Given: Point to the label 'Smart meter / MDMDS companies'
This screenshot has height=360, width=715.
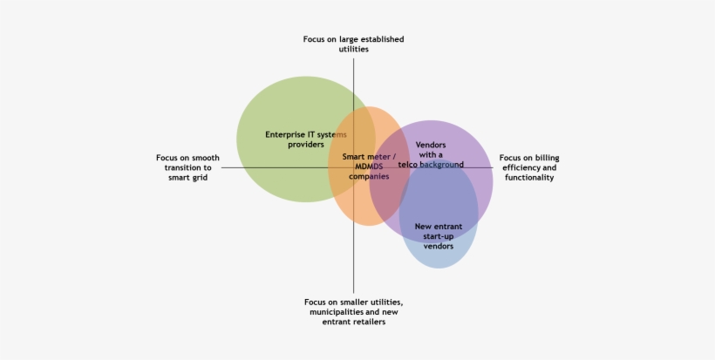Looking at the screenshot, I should pos(369,166).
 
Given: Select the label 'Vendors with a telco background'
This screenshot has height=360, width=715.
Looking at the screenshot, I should pos(430,153).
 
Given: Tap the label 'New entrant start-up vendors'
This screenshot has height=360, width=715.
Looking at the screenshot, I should pos(438,236).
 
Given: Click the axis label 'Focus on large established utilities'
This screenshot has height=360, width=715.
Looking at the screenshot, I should pos(353,44).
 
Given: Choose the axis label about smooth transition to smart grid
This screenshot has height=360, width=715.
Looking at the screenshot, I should pos(187,167).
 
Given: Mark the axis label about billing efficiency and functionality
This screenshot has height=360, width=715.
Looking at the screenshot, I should pos(529,167).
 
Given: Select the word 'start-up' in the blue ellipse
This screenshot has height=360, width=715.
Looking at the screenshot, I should pos(438,236).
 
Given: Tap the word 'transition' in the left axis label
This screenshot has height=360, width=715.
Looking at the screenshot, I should pos(187,167).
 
